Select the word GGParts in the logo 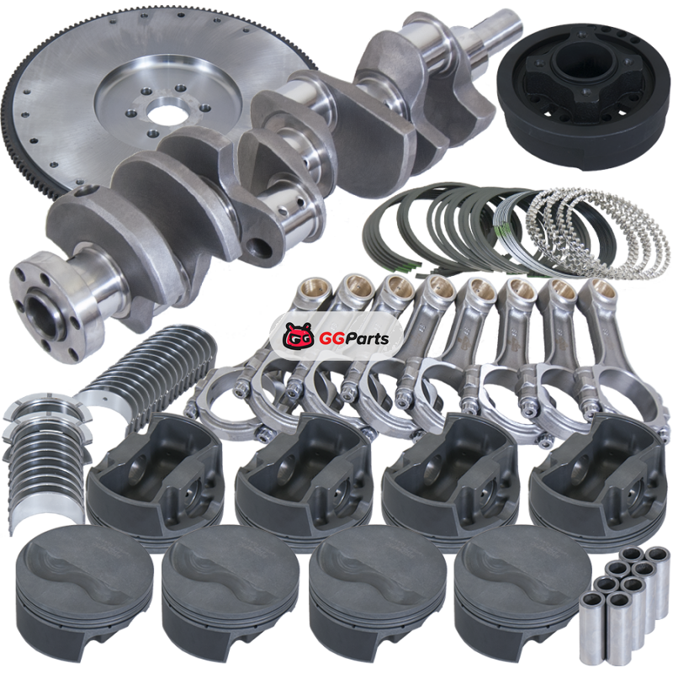click(354, 339)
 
